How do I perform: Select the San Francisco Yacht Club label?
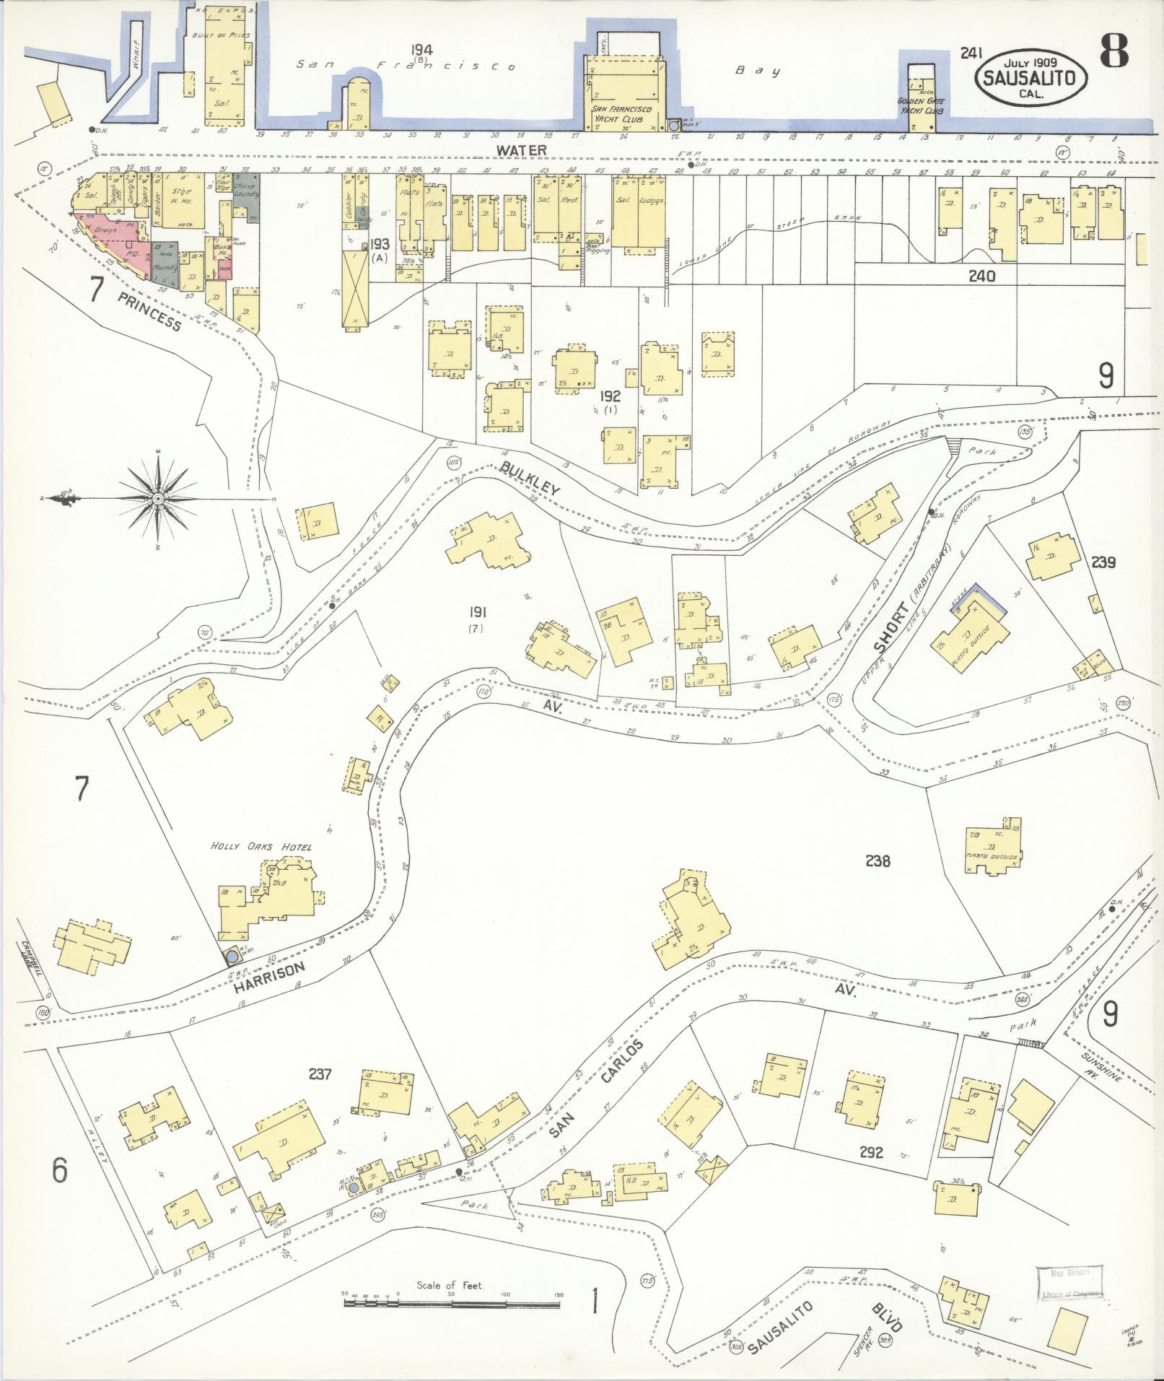pyautogui.click(x=621, y=113)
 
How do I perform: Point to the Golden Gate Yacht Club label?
pyautogui.click(x=920, y=106)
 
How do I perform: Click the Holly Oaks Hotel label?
pyautogui.click(x=261, y=846)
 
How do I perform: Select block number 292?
pyautogui.click(x=871, y=1153)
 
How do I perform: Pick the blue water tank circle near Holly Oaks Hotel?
pyautogui.click(x=232, y=957)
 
